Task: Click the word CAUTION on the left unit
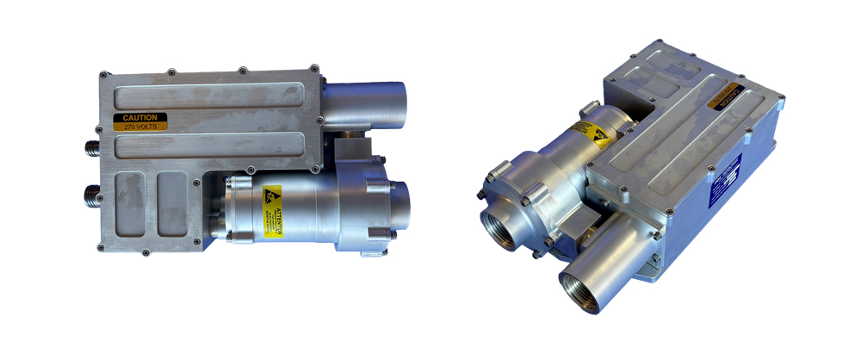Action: [x=139, y=118]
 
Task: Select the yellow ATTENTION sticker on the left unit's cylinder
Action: [x=272, y=210]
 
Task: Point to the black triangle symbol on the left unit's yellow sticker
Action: [x=273, y=194]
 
